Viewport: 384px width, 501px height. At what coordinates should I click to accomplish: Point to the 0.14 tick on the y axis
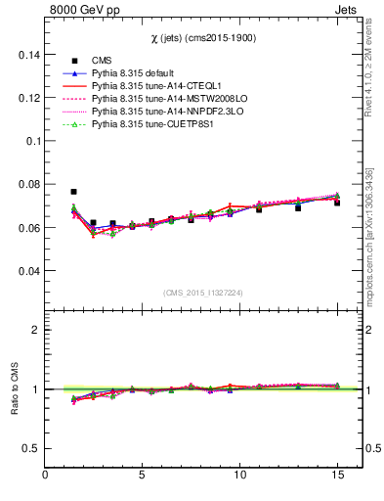tap(26, 56)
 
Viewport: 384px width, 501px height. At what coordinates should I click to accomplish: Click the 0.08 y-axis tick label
tap(26, 185)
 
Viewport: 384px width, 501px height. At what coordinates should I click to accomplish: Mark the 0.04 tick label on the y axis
tap(26, 270)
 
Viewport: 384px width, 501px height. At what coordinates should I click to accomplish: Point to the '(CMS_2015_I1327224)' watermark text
tap(203, 292)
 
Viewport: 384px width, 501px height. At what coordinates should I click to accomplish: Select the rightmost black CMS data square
tap(337, 202)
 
